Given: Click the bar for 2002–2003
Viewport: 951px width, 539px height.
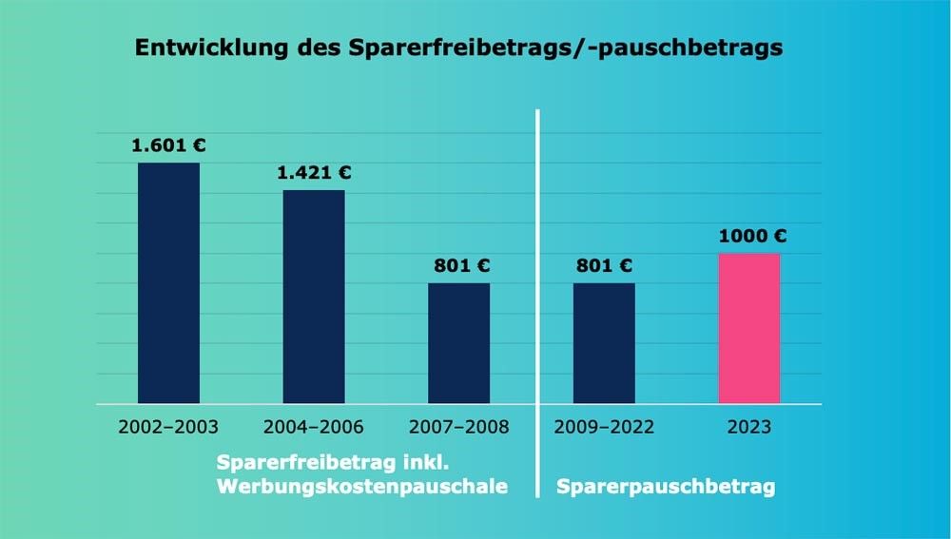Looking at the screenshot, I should [168, 283].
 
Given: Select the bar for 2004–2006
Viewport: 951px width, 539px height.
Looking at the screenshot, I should [314, 297].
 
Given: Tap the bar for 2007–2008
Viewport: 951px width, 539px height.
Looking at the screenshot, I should [458, 343].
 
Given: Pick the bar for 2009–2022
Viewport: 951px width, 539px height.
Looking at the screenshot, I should [604, 343].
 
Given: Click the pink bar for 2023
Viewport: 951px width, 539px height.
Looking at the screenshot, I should [749, 328].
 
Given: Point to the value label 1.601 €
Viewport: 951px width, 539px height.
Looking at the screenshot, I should [168, 146].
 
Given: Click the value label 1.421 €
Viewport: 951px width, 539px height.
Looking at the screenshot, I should [314, 173].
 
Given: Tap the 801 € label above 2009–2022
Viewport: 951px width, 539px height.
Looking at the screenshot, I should [604, 266].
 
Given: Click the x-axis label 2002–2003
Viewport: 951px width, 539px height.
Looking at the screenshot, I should [168, 427].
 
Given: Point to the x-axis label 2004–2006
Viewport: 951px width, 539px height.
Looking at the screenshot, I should [314, 427].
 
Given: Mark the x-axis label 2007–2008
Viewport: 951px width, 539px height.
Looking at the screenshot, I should [459, 427].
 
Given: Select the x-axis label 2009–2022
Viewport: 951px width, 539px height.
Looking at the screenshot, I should [604, 427].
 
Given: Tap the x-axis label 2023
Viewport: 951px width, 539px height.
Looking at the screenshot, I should [749, 427].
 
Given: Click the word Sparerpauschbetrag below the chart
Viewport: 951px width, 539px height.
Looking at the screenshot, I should [666, 488].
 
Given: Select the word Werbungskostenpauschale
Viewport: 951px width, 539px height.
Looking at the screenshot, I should [361, 488].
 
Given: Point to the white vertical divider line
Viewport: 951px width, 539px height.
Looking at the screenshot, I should [537, 285].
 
